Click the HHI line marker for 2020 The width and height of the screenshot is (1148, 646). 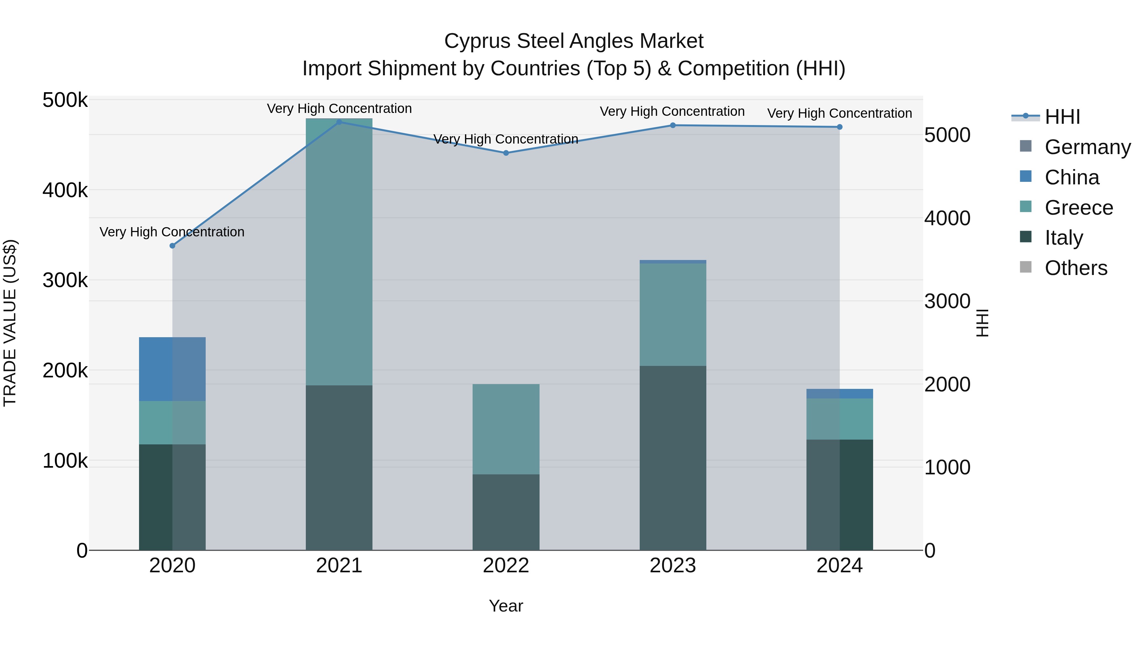pyautogui.click(x=173, y=246)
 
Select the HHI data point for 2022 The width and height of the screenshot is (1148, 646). pyautogui.click(x=506, y=153)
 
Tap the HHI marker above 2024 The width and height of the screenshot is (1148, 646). pyautogui.click(x=840, y=127)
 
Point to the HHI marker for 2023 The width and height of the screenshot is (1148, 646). pyautogui.click(x=673, y=125)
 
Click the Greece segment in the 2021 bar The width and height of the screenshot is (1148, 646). pyautogui.click(x=339, y=252)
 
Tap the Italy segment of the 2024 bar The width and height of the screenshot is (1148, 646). pyautogui.click(x=840, y=495)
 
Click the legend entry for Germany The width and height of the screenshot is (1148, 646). pyautogui.click(x=1087, y=147)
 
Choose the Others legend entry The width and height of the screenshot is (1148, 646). pyautogui.click(x=1076, y=268)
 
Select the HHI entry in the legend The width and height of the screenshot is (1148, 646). pyautogui.click(x=1063, y=117)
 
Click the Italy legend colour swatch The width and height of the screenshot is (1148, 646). pyautogui.click(x=1026, y=237)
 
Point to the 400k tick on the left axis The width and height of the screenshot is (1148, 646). pyautogui.click(x=65, y=190)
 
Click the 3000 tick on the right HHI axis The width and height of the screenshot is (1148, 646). pyautogui.click(x=947, y=301)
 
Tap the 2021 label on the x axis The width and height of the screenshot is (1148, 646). pyautogui.click(x=339, y=566)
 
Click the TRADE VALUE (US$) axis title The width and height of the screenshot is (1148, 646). pyautogui.click(x=10, y=323)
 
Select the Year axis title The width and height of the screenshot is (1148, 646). pyautogui.click(x=506, y=606)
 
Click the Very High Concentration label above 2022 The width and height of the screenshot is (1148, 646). pyautogui.click(x=506, y=139)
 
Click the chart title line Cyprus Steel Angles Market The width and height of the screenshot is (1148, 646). pyautogui.click(x=574, y=41)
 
